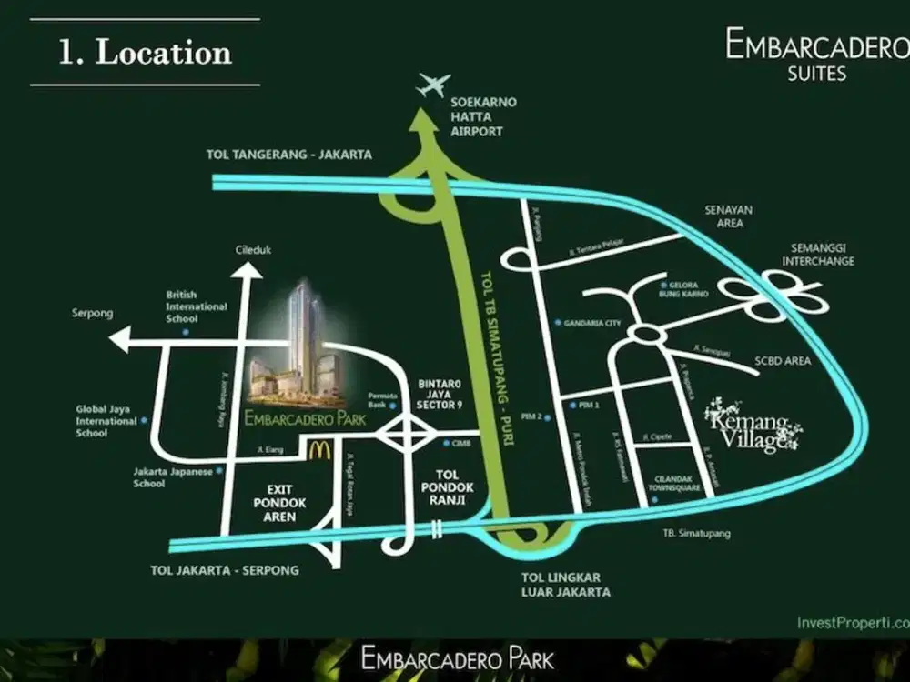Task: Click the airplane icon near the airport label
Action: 433,85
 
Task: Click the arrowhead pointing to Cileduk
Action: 244,270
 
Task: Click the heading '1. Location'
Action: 145,52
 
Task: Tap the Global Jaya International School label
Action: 106,421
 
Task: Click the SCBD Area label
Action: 783,361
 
